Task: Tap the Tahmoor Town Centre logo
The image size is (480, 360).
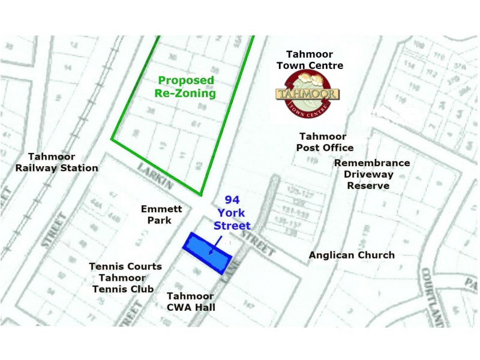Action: click(308, 95)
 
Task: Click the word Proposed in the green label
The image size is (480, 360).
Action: click(186, 80)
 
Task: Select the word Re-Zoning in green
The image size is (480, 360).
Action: click(187, 94)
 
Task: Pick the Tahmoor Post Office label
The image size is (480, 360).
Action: click(325, 142)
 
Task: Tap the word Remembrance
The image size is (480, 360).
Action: click(372, 163)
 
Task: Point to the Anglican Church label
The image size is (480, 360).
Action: click(352, 255)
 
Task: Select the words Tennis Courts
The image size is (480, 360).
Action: click(125, 266)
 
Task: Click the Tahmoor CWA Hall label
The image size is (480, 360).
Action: click(191, 302)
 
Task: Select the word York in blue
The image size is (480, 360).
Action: click(232, 213)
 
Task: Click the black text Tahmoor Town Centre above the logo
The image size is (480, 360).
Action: click(314, 59)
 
